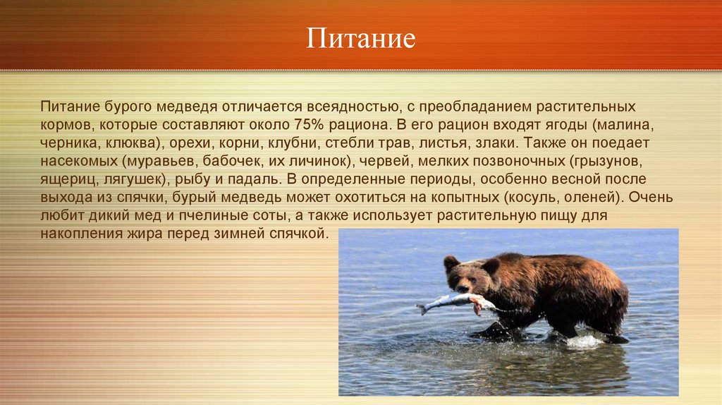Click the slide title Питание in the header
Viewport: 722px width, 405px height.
point(360,38)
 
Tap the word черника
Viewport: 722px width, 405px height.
point(68,143)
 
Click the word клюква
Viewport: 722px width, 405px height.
point(132,143)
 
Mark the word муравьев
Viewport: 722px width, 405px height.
point(160,162)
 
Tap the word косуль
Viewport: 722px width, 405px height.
point(530,198)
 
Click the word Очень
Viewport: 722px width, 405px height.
point(651,198)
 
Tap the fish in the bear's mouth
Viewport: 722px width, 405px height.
point(456,302)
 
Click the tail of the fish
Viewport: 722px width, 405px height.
point(423,308)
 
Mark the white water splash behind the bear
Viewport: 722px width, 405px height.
point(585,341)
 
